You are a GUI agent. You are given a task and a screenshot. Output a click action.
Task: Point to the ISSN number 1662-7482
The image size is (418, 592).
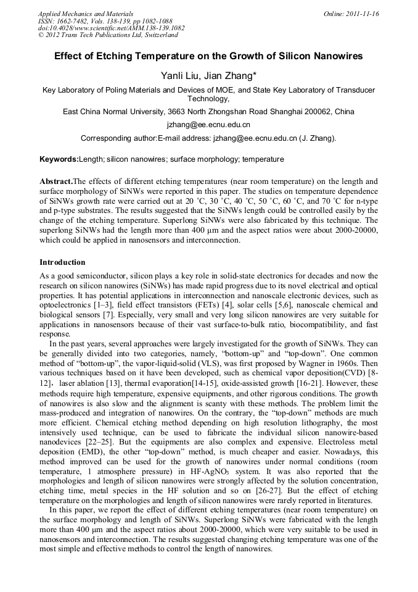point(73,21)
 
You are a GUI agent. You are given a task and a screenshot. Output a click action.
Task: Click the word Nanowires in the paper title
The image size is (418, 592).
point(332,56)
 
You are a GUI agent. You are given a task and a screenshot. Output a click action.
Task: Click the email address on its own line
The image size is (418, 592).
point(208,125)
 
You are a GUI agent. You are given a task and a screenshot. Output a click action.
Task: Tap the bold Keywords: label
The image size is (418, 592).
point(59,159)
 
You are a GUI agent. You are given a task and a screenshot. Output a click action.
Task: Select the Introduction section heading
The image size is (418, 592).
point(62,262)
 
